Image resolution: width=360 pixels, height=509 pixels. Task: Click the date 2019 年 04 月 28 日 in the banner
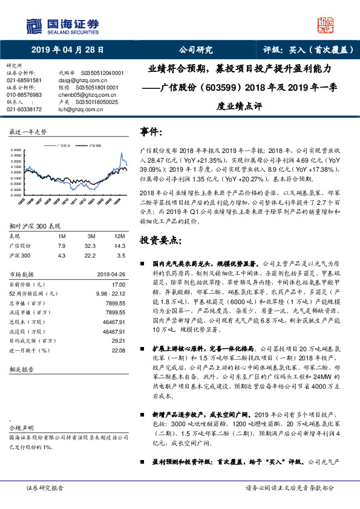point(67,50)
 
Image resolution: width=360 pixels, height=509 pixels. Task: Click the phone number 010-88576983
point(24,95)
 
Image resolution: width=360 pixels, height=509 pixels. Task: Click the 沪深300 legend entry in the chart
point(93,146)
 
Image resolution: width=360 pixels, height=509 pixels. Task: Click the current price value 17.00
point(119,284)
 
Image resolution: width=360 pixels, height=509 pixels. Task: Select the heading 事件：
point(151,131)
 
